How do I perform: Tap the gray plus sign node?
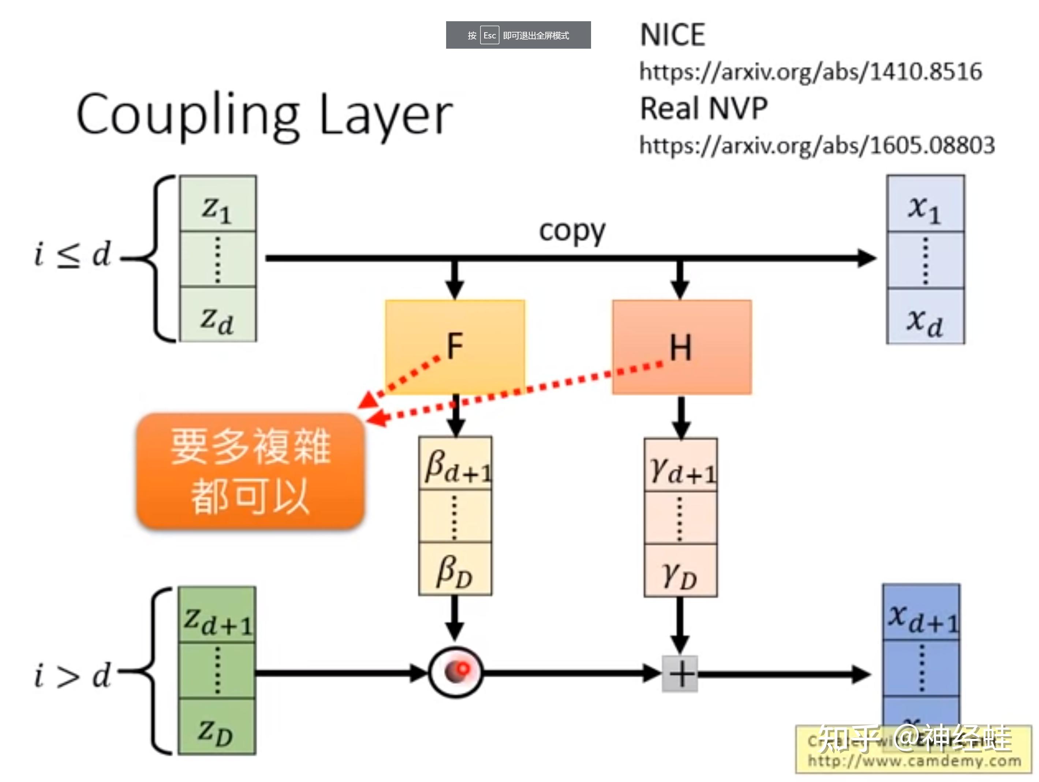(680, 674)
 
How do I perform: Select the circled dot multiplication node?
(455, 673)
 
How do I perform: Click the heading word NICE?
(672, 35)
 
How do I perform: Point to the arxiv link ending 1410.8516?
(810, 72)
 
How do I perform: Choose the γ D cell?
(680, 572)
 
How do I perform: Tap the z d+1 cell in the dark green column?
(217, 615)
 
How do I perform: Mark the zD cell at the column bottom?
(217, 727)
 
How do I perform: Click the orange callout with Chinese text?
(250, 471)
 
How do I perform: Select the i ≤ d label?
(73, 255)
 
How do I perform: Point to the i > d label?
(73, 676)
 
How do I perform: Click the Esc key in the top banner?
(489, 35)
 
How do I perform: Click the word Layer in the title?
(385, 115)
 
